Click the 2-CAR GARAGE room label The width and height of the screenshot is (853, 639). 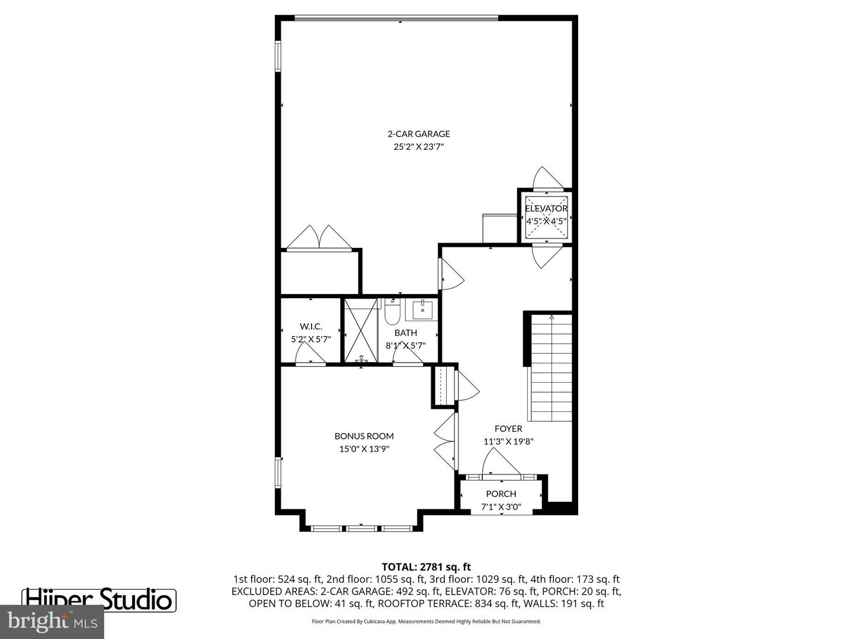(418, 134)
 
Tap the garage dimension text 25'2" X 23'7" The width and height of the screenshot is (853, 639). (418, 147)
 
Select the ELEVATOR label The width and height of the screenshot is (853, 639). (546, 208)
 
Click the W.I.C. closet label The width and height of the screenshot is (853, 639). (310, 326)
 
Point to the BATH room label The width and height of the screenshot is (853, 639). (406, 333)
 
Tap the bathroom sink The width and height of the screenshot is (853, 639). (423, 309)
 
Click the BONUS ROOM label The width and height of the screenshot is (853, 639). (364, 436)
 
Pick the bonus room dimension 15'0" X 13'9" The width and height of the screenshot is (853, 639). (364, 448)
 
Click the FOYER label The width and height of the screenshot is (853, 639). (508, 428)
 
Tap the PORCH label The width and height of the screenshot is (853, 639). (501, 493)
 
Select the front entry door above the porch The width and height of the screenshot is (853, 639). (502, 463)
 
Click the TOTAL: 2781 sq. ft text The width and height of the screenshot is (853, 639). (426, 567)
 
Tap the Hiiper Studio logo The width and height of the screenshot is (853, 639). (99, 599)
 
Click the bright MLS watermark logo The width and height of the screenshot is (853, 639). (52, 621)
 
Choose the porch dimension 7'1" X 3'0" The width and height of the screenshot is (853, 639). (501, 506)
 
